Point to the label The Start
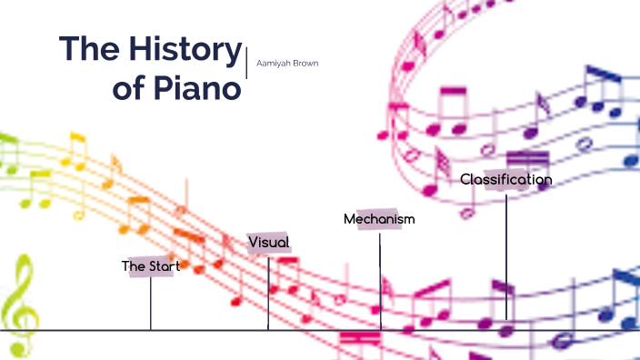click(151, 266)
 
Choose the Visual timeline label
click(269, 242)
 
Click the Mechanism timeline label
click(379, 219)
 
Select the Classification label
click(505, 179)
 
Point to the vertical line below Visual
click(268, 291)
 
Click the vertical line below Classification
click(506, 255)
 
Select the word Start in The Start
click(165, 266)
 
